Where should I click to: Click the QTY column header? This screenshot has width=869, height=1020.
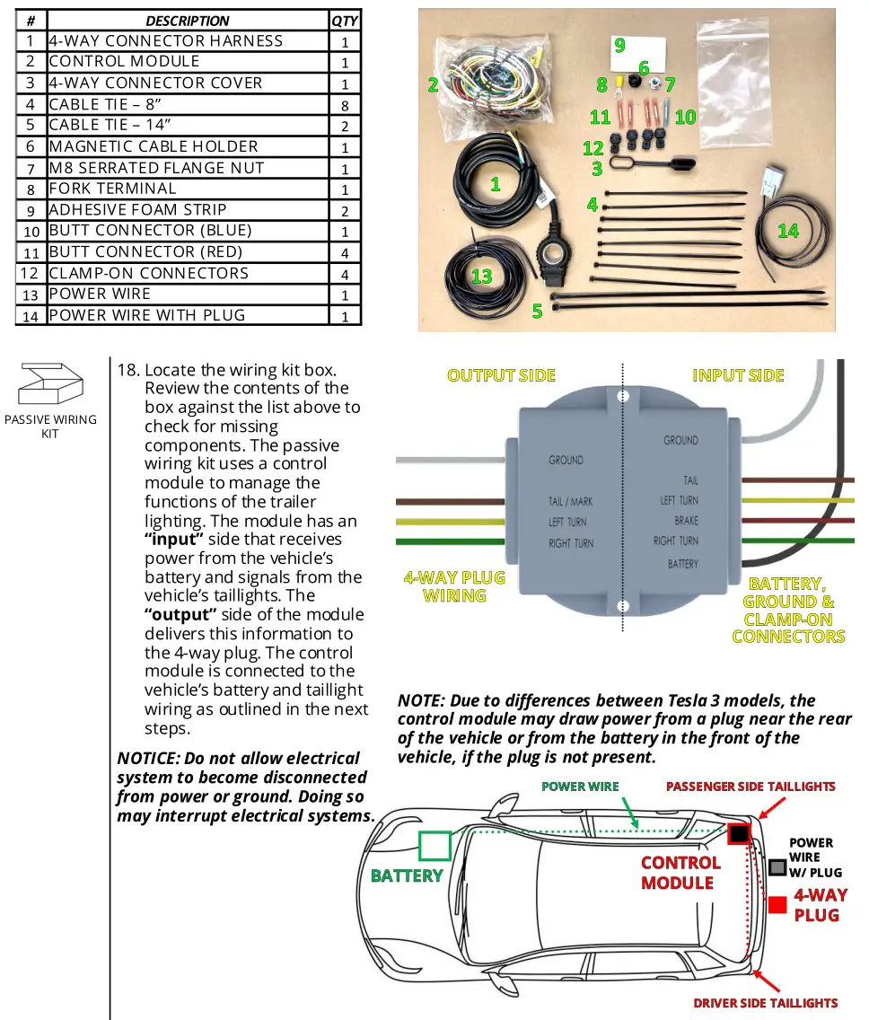345,20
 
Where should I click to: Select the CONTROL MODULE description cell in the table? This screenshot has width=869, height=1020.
125,62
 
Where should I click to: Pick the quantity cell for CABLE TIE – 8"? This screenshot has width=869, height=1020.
345,104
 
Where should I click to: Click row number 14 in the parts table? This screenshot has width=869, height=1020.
31,315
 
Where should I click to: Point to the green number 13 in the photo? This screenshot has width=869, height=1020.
482,276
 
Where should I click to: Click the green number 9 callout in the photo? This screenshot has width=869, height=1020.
619,44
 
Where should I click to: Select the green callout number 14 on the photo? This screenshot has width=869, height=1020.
787,231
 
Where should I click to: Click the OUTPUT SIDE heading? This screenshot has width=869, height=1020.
501,375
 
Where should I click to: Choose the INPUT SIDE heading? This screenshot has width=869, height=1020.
738,375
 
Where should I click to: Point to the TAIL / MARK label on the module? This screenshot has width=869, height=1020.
571,501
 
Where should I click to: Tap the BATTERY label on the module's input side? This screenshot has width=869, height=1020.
682,564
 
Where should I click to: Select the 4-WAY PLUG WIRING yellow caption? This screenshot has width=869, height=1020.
454,586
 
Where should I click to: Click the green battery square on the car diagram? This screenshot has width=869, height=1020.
434,846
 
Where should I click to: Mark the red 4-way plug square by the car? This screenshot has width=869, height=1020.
777,905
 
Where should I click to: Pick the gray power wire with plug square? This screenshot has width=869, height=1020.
777,867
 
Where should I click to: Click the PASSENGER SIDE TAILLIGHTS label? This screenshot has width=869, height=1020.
750,787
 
